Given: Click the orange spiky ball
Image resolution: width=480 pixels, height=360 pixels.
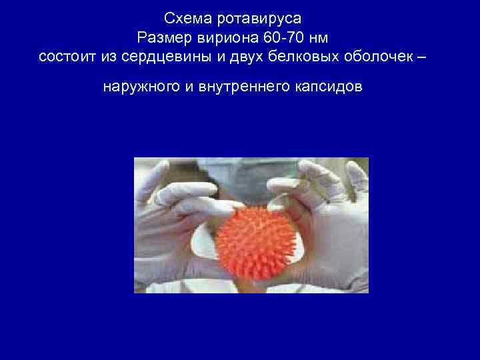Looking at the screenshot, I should click(x=252, y=233).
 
